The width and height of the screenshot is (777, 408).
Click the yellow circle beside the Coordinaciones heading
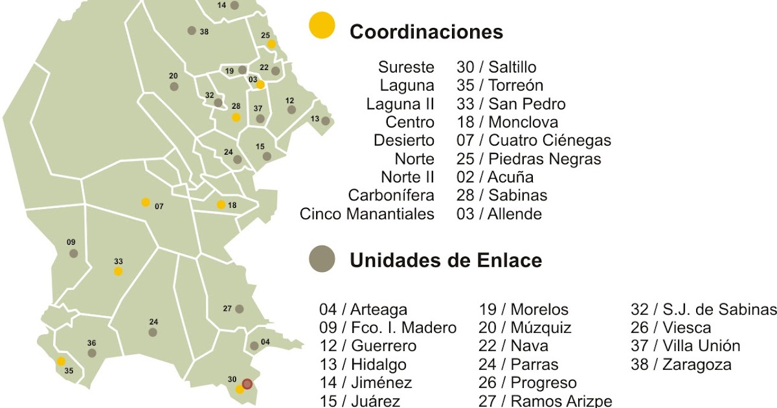322,25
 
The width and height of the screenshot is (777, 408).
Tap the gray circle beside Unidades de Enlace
322,259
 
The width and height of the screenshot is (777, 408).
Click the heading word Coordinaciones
426,32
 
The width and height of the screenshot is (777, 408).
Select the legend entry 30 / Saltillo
496,67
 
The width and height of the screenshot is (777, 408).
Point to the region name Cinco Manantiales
367,214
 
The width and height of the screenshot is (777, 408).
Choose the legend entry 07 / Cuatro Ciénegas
534,141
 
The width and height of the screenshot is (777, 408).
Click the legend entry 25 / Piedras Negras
528,159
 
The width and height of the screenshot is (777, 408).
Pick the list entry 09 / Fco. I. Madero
387,328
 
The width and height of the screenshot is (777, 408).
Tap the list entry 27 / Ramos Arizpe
545,401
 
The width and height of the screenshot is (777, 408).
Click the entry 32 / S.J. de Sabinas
703,310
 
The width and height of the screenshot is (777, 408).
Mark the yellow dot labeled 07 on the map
146,202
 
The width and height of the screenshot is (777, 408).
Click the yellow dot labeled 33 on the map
118,271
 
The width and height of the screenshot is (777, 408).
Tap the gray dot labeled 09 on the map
74,253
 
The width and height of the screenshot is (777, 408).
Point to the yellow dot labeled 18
221,205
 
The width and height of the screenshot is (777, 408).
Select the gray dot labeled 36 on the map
92,353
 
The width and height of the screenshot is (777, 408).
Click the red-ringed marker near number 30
247,383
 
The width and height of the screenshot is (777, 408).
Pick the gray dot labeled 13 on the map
325,121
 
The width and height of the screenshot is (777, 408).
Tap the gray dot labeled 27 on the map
239,309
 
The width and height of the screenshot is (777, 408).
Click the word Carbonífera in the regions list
391,196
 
